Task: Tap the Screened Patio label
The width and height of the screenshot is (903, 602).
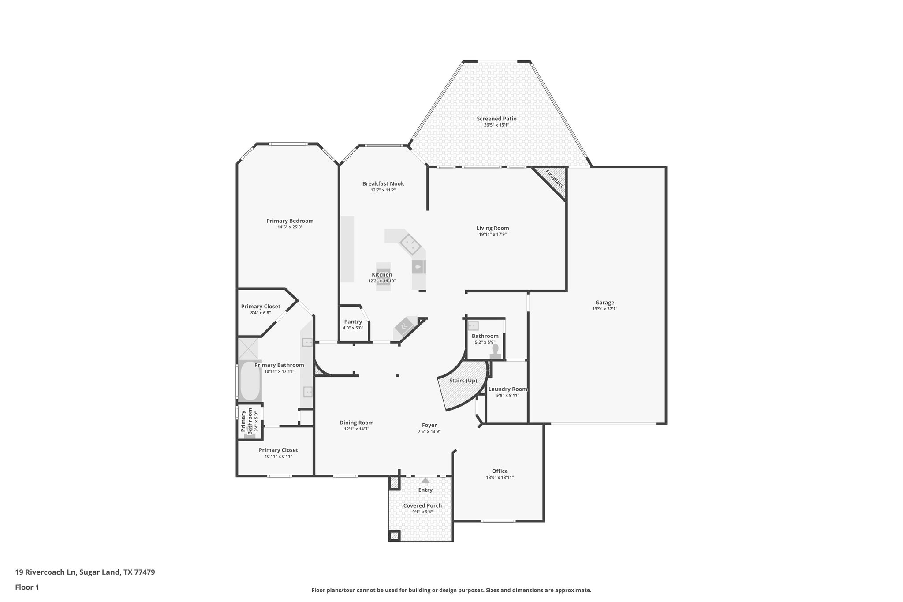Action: tap(496, 119)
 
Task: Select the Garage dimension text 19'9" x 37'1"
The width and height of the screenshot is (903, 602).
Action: tap(604, 309)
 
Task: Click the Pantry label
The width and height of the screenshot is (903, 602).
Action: tap(353, 322)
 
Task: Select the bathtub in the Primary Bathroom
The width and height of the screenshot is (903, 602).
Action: tap(250, 381)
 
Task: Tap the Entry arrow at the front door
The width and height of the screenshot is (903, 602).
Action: tap(425, 481)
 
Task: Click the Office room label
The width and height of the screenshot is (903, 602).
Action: tap(500, 471)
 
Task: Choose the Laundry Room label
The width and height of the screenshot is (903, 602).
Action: tap(507, 389)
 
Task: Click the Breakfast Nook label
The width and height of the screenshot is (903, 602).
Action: tap(383, 183)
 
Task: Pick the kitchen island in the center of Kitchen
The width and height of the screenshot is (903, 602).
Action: tap(383, 277)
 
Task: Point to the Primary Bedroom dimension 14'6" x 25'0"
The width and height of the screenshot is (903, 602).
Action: tap(290, 227)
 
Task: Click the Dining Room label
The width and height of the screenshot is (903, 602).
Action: tap(356, 423)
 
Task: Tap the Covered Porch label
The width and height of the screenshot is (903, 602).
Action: tap(422, 505)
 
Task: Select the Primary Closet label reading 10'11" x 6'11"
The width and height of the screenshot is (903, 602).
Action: tap(278, 456)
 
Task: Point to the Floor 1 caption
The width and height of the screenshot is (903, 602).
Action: tap(27, 587)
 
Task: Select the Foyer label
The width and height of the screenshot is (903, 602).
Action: tap(429, 425)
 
